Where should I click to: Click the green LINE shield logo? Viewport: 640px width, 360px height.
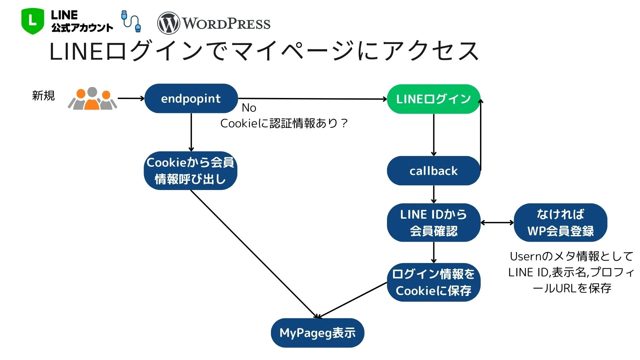click(x=32, y=21)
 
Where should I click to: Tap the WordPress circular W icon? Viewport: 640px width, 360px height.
click(x=168, y=23)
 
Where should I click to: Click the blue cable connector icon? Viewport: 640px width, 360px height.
click(x=131, y=21)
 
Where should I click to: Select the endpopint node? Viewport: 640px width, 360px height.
click(x=191, y=99)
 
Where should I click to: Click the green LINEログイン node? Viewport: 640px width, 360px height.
click(x=433, y=99)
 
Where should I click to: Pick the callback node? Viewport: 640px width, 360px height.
click(x=433, y=171)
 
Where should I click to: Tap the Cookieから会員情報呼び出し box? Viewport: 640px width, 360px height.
click(x=190, y=171)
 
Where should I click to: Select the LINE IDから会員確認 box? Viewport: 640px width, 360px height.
click(x=433, y=222)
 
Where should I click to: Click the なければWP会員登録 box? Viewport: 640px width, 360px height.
click(x=560, y=222)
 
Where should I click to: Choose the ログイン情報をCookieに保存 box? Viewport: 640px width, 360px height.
click(x=433, y=282)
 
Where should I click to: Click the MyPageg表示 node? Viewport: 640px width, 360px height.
click(x=317, y=333)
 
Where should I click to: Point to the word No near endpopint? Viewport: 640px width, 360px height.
click(x=249, y=108)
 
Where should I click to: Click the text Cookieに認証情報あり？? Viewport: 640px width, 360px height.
click(x=284, y=123)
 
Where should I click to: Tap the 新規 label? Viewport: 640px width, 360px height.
click(x=43, y=96)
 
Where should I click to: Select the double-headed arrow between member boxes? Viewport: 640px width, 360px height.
click(x=497, y=222)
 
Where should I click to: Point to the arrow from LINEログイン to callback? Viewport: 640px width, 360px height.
click(x=433, y=135)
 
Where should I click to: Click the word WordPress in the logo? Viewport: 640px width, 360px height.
click(x=226, y=24)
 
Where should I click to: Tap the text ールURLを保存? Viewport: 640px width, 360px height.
click(x=572, y=288)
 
